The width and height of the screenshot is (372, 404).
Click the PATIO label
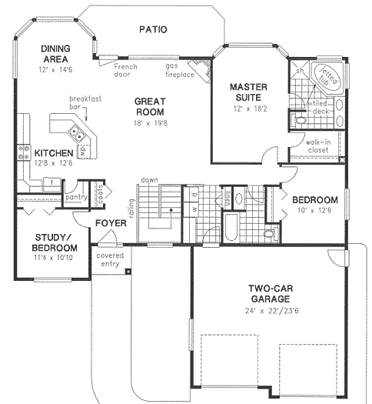point(153,30)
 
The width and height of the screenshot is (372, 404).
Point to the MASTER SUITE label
point(248,92)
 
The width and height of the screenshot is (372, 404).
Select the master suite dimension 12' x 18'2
point(248,110)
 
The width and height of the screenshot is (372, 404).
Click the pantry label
point(75,198)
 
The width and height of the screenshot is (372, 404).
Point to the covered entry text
point(108,259)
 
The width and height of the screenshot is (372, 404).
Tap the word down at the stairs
point(149,181)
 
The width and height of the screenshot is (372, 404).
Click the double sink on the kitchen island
point(78,135)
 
